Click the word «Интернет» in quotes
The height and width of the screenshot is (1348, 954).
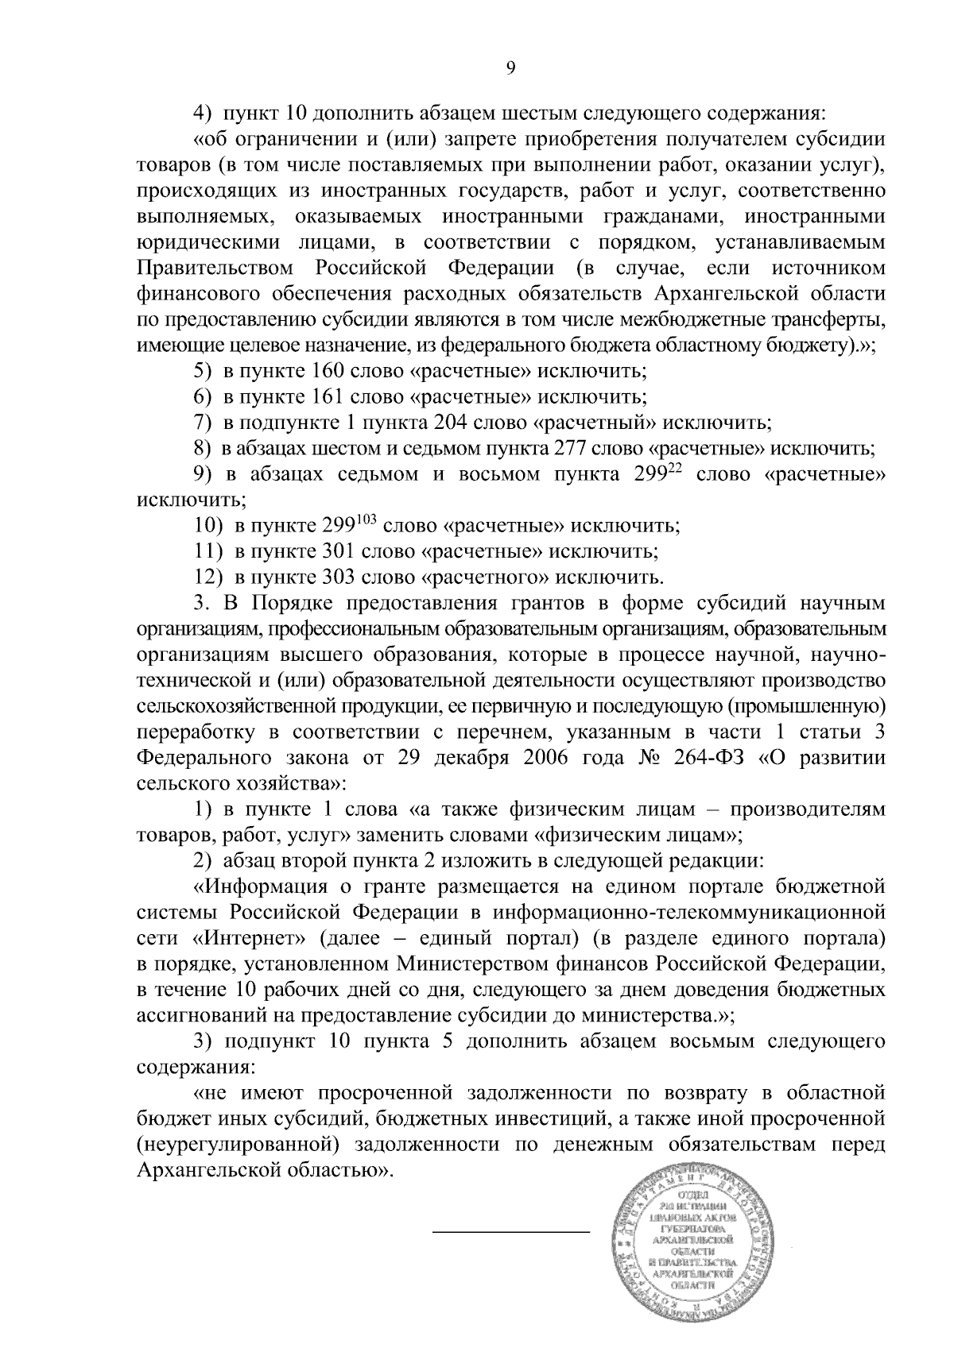tap(249, 938)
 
